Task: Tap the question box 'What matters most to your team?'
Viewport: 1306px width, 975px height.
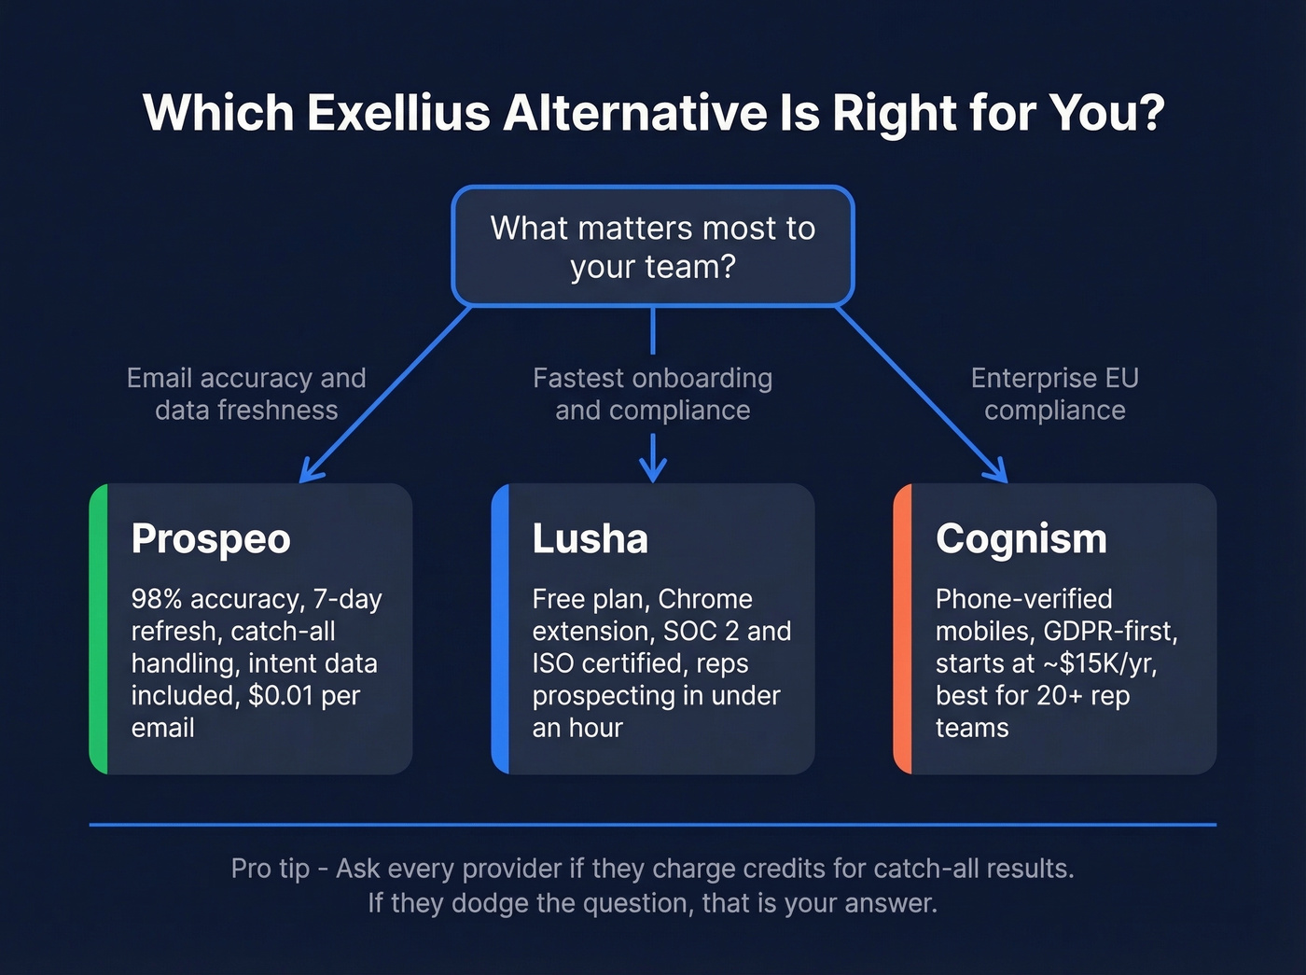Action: point(653,246)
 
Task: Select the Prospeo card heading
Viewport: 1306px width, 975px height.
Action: point(211,539)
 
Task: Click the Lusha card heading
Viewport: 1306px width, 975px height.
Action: point(590,539)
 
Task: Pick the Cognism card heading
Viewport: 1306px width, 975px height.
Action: point(1021,539)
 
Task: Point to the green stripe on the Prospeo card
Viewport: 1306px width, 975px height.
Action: point(99,629)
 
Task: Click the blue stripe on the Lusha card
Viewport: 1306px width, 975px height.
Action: point(501,629)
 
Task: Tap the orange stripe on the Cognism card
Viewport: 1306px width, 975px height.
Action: point(903,629)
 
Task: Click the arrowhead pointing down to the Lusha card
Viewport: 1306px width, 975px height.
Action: point(653,469)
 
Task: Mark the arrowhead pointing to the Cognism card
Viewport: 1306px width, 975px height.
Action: point(998,472)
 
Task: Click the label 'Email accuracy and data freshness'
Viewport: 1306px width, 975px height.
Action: point(246,394)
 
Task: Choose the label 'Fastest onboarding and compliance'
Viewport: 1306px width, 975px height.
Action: point(653,394)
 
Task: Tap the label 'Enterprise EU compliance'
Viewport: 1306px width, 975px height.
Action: point(1055,394)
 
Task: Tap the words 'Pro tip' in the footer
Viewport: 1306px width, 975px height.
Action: point(270,869)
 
